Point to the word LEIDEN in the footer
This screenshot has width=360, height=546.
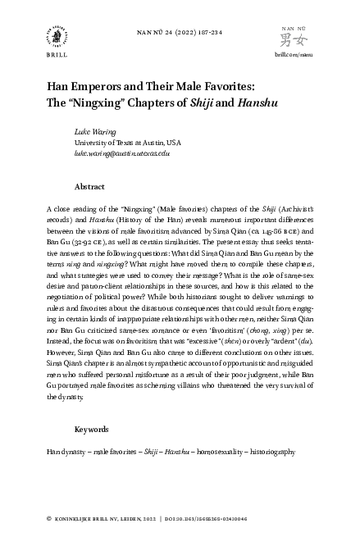[144, 519]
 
